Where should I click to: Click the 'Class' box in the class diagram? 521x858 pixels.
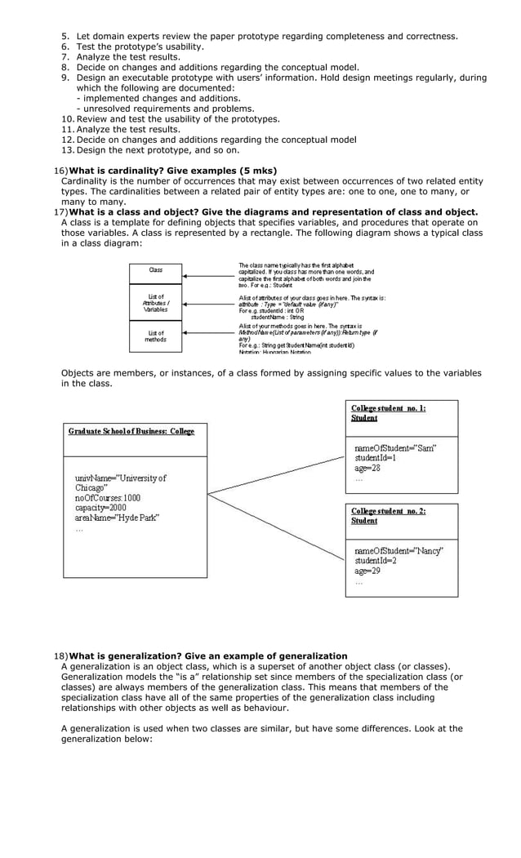(x=155, y=270)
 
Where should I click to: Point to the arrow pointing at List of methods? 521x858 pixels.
(x=208, y=333)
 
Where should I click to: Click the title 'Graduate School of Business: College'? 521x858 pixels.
(x=131, y=431)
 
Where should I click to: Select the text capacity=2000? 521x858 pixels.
(x=100, y=508)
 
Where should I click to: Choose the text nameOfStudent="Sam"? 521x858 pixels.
(x=395, y=448)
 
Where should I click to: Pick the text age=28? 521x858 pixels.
(x=367, y=468)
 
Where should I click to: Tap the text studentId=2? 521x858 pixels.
(x=375, y=561)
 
